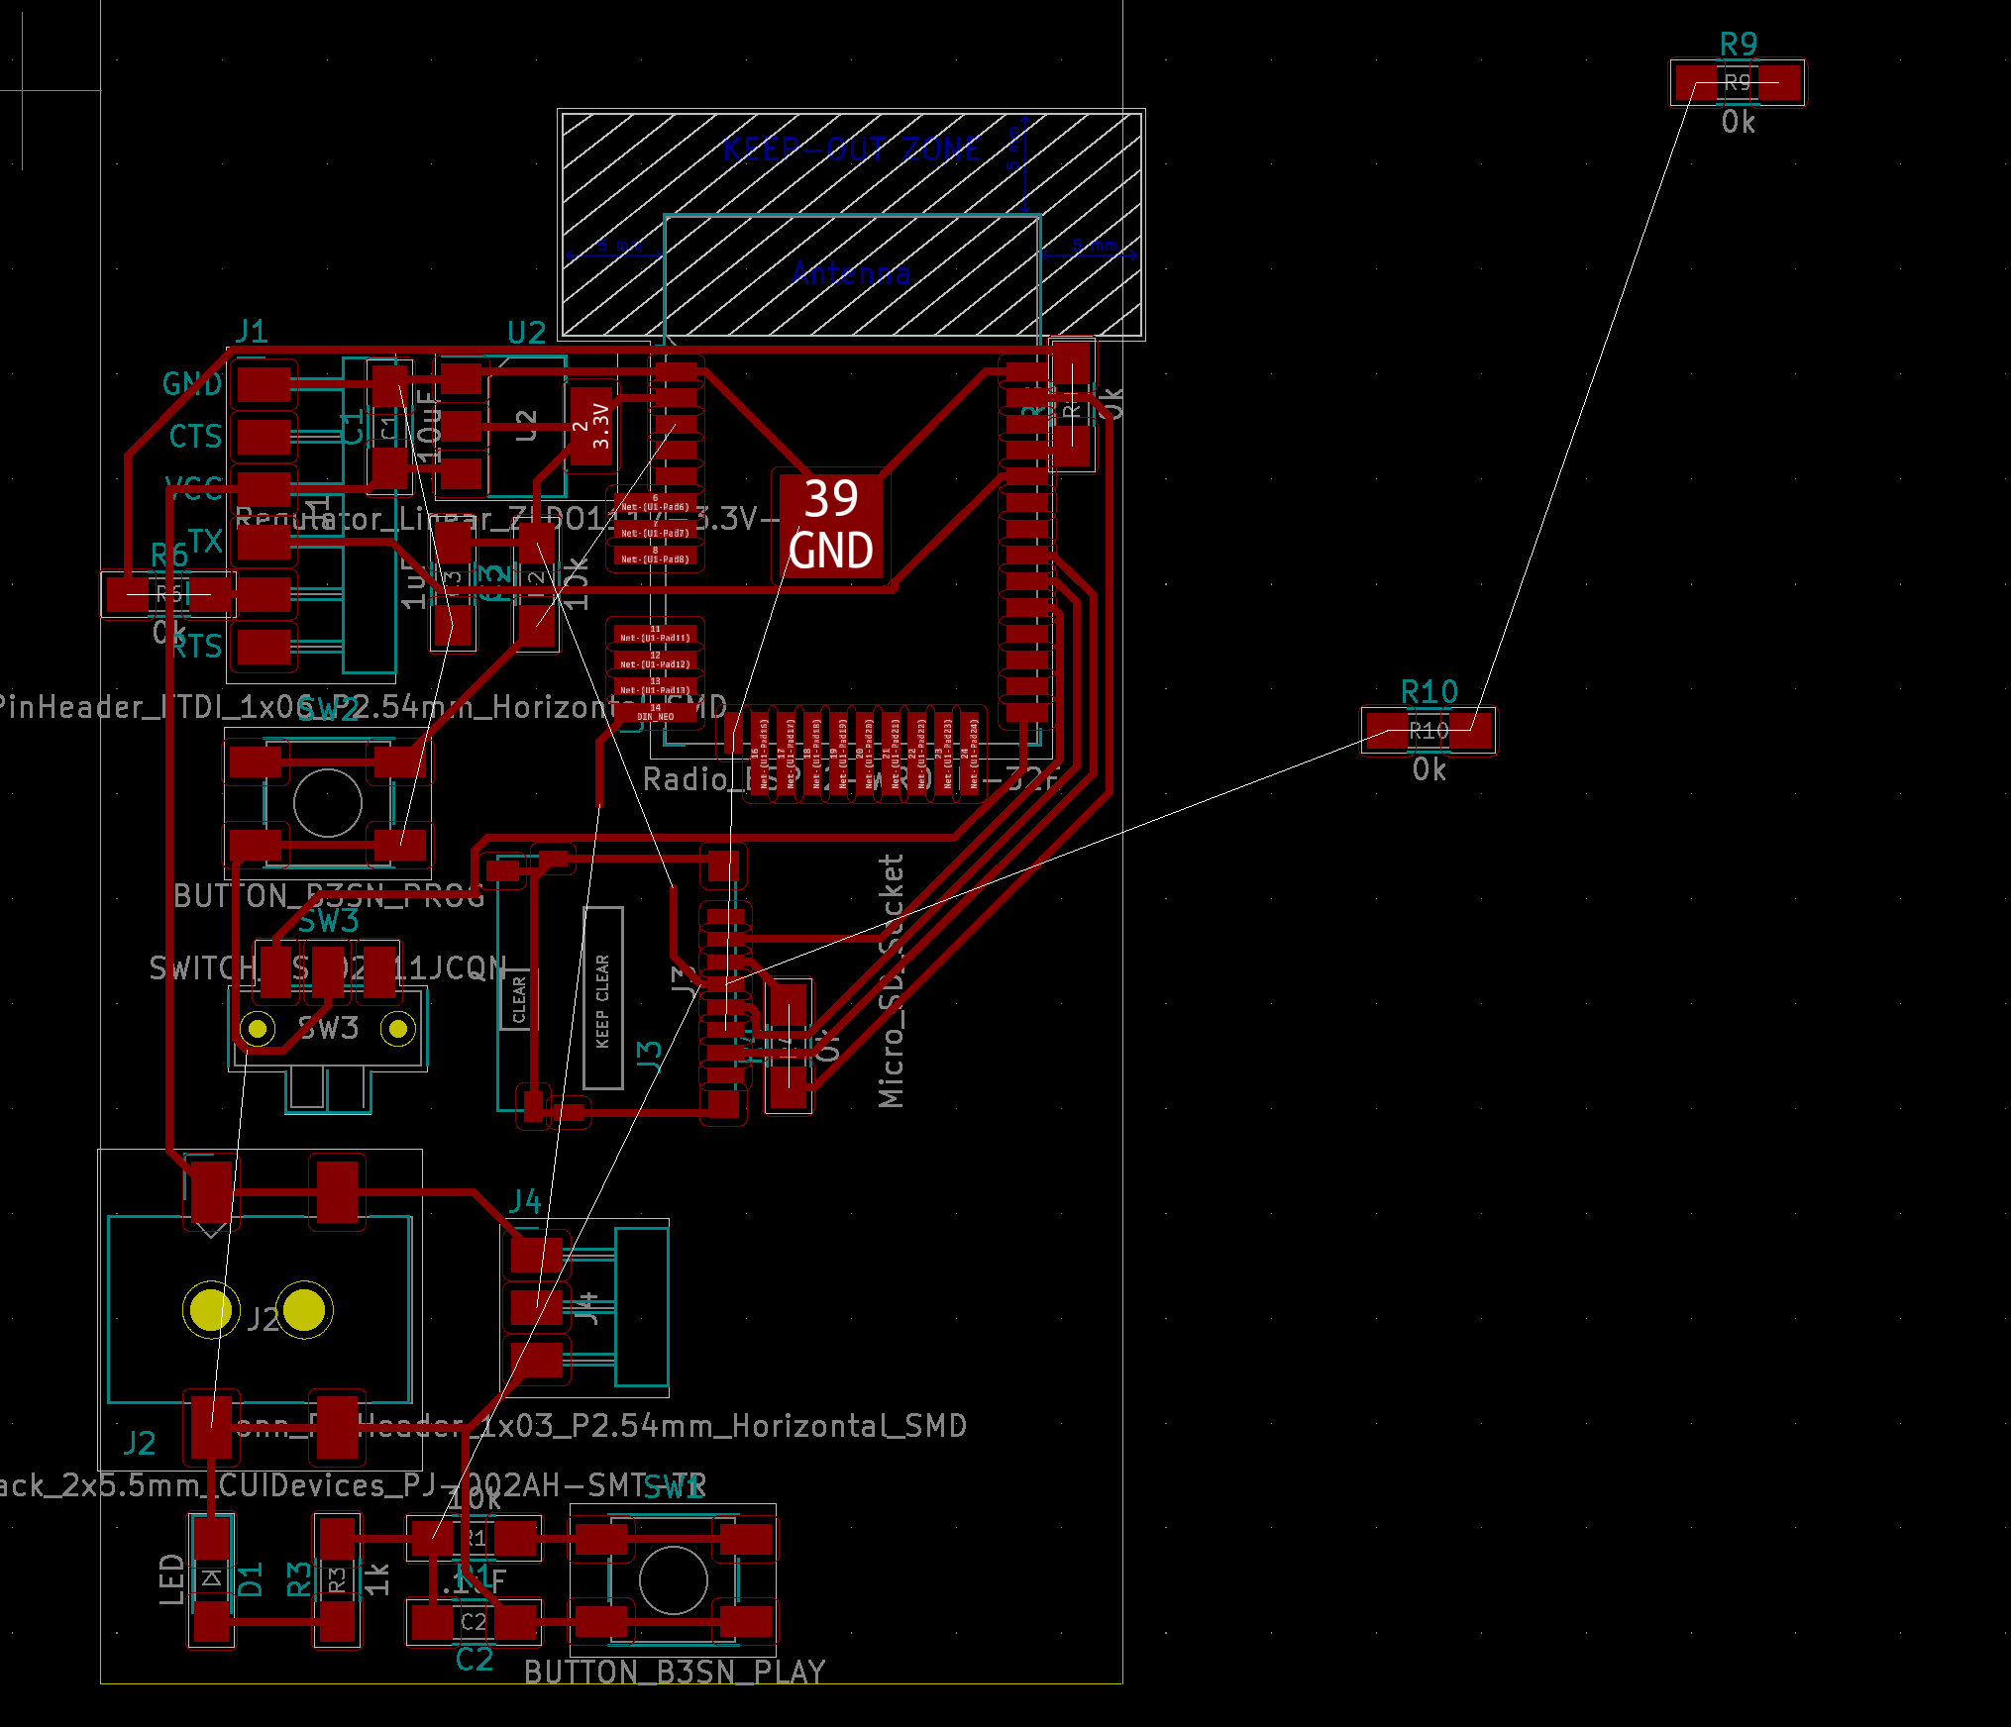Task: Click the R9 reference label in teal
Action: [1738, 44]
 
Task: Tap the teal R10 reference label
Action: [1429, 691]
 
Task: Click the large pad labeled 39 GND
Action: [830, 526]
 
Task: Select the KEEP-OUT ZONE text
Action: [852, 150]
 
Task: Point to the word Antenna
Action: [851, 272]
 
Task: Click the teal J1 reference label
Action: [252, 331]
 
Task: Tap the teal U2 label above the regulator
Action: [526, 333]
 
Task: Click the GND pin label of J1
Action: [192, 383]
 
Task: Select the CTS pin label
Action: [195, 436]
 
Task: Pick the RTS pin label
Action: [198, 648]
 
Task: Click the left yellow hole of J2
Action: [210, 1309]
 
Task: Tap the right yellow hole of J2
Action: [304, 1309]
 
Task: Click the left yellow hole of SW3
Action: [259, 1029]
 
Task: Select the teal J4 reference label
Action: [524, 1201]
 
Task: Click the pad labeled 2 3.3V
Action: [591, 428]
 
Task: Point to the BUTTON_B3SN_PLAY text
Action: [675, 1672]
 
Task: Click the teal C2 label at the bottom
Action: [475, 1660]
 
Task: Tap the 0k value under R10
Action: [1429, 769]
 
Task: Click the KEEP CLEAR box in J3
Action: [602, 998]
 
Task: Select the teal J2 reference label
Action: [140, 1443]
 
